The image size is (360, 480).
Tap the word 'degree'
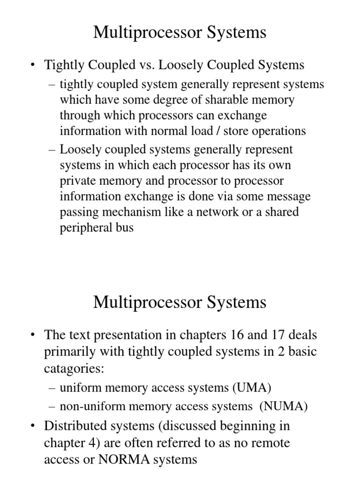(x=178, y=100)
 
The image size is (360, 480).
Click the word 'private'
(x=78, y=181)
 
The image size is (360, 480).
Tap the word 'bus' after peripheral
(x=124, y=228)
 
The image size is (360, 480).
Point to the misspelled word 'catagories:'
(x=73, y=368)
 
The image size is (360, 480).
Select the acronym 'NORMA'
(x=122, y=460)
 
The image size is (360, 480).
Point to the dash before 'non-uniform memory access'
(x=52, y=406)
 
